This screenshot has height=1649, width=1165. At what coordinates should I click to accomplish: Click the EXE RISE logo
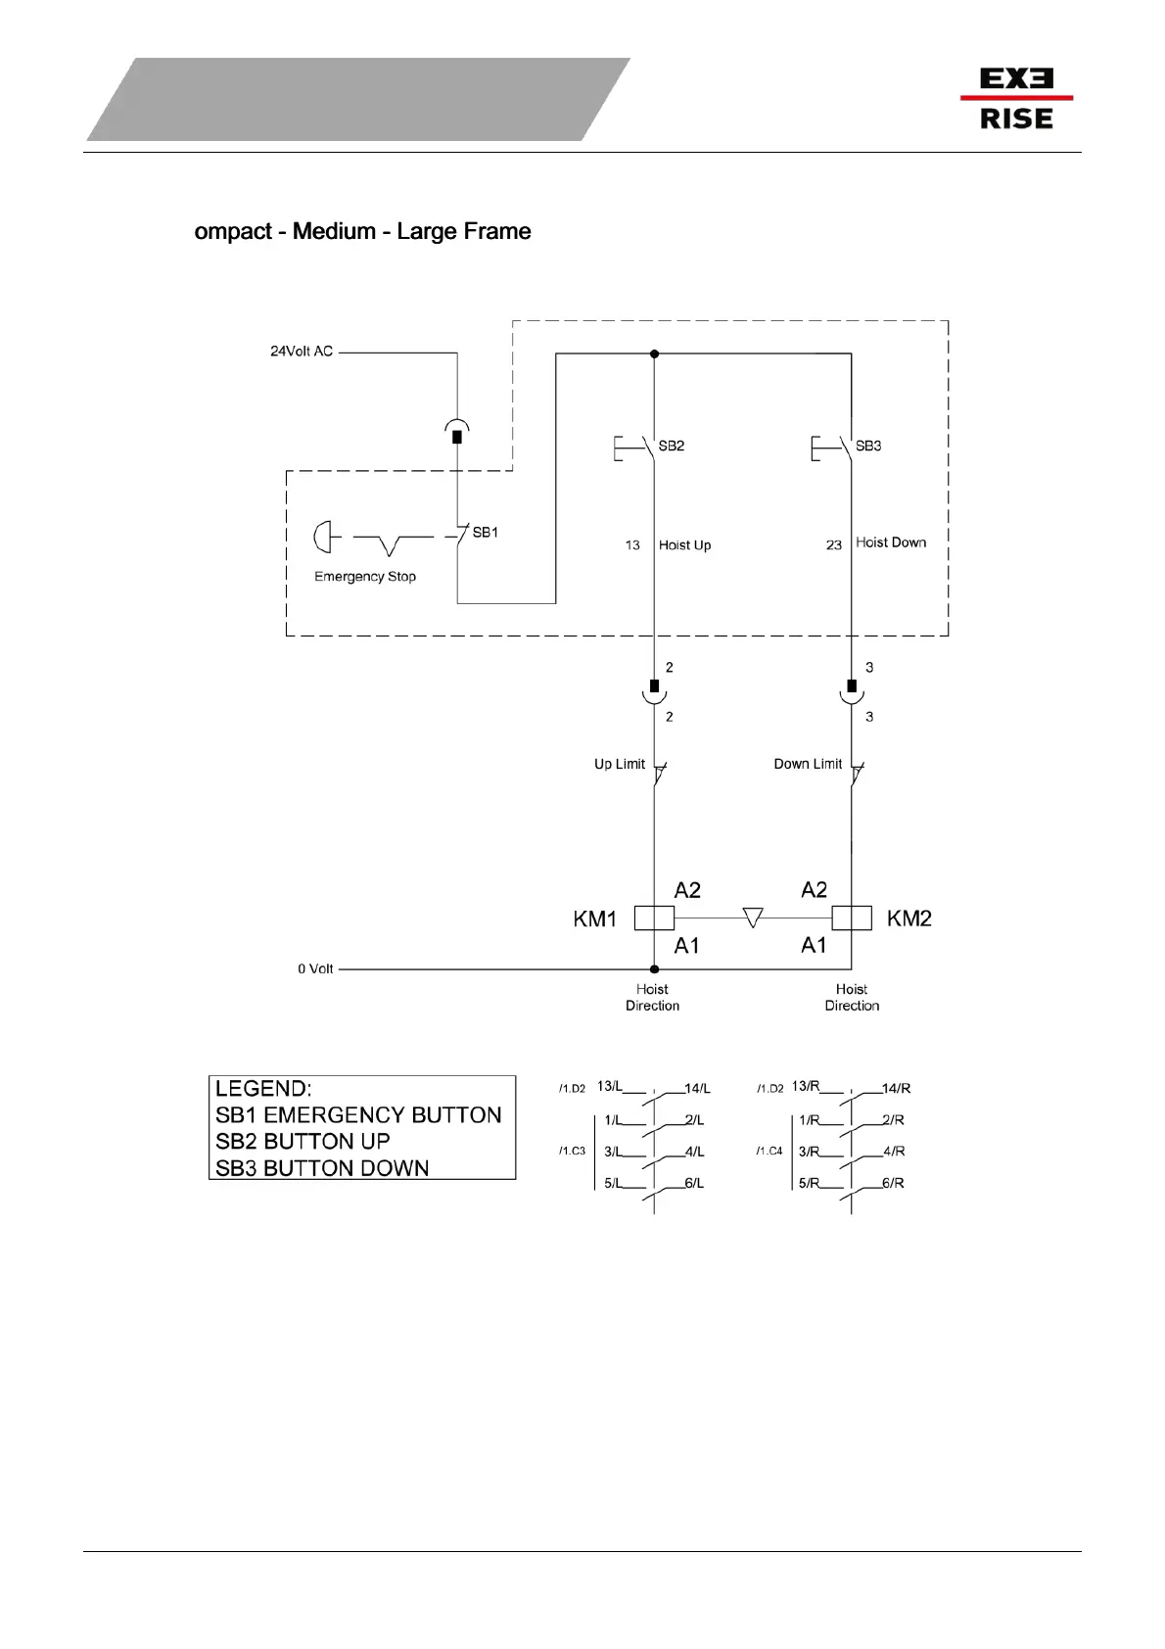[x=1016, y=98]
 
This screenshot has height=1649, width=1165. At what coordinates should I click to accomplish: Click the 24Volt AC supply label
[x=302, y=351]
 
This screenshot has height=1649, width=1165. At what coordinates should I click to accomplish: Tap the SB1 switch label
[x=486, y=533]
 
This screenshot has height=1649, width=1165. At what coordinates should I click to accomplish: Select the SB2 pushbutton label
[x=672, y=446]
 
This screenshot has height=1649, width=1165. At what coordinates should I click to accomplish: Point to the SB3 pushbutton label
[x=868, y=446]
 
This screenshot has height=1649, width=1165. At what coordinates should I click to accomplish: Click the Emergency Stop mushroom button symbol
[x=322, y=537]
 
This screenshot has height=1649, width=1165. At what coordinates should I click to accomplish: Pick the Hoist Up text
[x=685, y=545]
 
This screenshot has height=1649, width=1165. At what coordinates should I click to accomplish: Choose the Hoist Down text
[x=891, y=542]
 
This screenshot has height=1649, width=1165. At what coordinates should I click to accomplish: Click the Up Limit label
[x=620, y=764]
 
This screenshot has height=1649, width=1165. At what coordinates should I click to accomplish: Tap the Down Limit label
[x=808, y=764]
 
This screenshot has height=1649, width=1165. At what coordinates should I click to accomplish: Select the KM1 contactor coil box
[x=654, y=918]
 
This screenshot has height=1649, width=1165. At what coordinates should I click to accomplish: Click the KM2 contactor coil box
[x=852, y=918]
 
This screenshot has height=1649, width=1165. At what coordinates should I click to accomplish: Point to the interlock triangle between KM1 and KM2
[x=753, y=918]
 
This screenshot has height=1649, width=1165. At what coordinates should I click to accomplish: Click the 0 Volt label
[x=315, y=968]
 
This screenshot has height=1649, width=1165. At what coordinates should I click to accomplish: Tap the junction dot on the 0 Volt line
[x=654, y=968]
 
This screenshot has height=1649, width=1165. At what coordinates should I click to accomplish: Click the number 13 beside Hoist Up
[x=632, y=545]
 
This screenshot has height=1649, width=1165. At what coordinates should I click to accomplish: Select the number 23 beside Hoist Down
[x=834, y=545]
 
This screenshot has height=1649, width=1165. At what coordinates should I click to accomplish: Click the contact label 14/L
[x=697, y=1089]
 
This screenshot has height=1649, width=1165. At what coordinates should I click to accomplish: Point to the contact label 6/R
[x=893, y=1183]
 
